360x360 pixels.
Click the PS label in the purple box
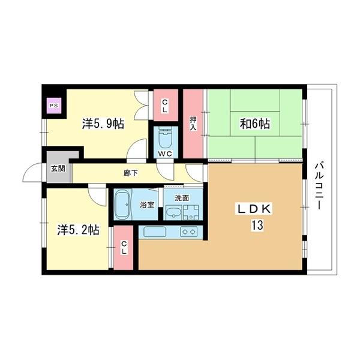pos(53,106)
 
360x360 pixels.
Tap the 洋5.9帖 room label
pos(103,124)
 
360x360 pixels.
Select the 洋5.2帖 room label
pos(78,230)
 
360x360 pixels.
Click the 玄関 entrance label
pos(58,169)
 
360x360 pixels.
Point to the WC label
pos(165,154)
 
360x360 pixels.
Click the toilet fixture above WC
pos(165,139)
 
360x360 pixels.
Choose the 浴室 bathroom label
pos(147,205)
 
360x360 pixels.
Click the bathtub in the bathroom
pos(124,205)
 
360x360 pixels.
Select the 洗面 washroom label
pos(182,197)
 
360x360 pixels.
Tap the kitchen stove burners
pos(188,232)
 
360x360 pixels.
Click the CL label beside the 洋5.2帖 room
pos(124,247)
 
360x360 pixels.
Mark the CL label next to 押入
pos(165,105)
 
